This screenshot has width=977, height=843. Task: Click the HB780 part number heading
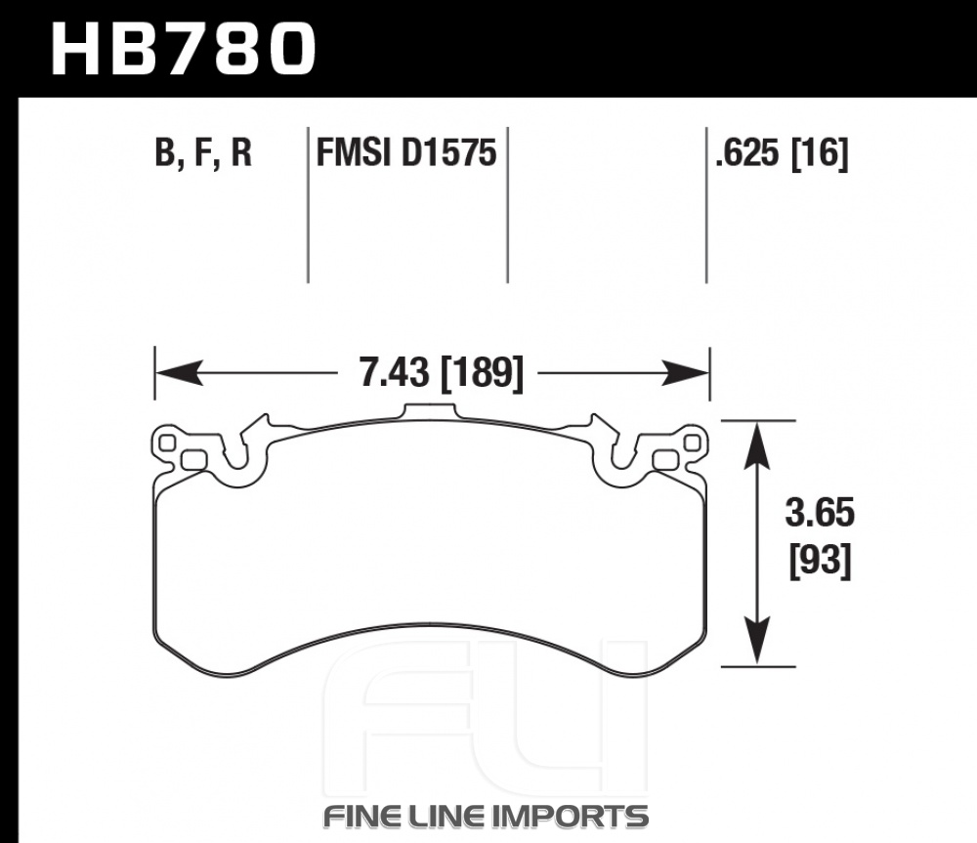pyautogui.click(x=184, y=50)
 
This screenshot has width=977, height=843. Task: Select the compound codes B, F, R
pyautogui.click(x=203, y=152)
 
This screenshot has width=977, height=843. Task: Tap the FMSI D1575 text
pyautogui.click(x=406, y=152)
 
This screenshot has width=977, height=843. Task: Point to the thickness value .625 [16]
pyautogui.click(x=782, y=152)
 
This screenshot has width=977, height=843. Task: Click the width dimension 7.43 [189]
pyautogui.click(x=442, y=373)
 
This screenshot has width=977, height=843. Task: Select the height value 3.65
pyautogui.click(x=820, y=515)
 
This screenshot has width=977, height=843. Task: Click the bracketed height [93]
pyautogui.click(x=820, y=562)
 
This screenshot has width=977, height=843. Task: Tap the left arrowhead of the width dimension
pyautogui.click(x=179, y=373)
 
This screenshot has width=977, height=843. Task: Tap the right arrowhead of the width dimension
pyautogui.click(x=686, y=373)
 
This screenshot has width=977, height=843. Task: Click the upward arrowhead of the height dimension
pyautogui.click(x=757, y=445)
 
